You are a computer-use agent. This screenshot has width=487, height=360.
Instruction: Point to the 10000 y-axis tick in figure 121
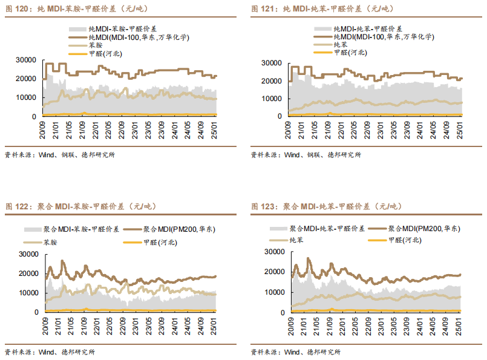click(273, 99)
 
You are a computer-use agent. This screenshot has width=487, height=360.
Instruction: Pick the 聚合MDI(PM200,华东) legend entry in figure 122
click(179, 229)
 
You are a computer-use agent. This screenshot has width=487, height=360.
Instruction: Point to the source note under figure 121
click(306, 155)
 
